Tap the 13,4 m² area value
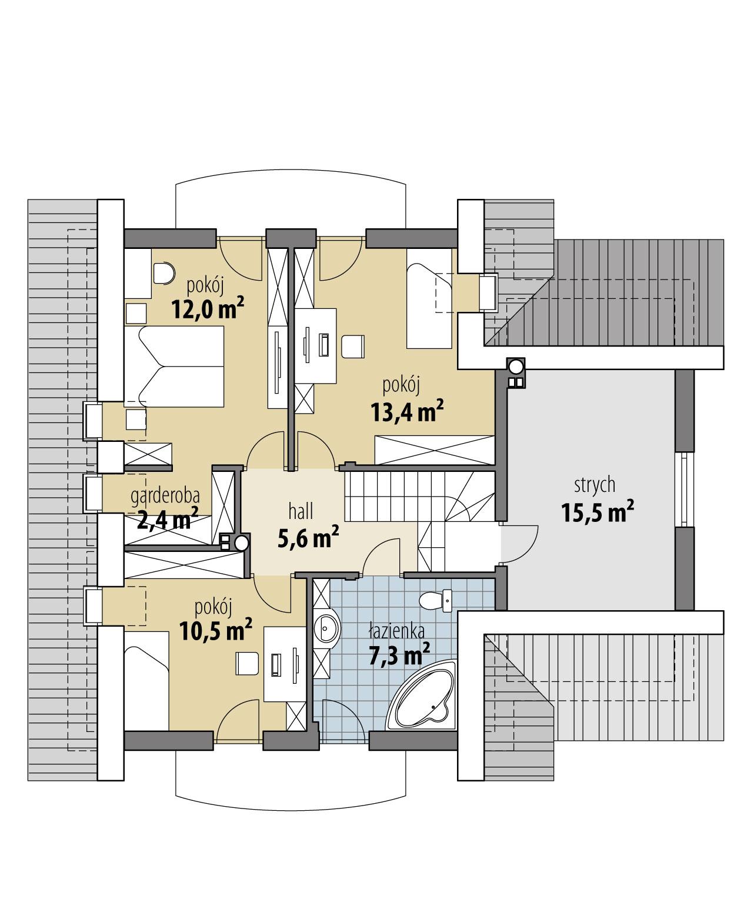[x=406, y=412]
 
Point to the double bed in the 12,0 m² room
[x=174, y=367]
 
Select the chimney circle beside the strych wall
[x=516, y=367]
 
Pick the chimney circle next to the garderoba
[x=241, y=542]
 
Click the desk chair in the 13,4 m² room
[x=352, y=346]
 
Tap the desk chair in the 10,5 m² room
[x=246, y=663]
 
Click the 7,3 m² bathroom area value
[x=399, y=655]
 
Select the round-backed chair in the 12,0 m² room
[x=163, y=272]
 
